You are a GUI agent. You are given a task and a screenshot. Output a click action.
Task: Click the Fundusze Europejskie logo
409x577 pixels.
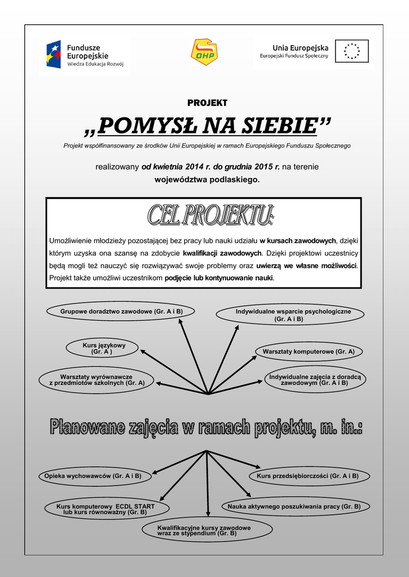tap(85, 55)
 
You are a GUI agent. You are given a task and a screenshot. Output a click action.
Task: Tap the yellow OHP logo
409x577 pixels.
tap(204, 52)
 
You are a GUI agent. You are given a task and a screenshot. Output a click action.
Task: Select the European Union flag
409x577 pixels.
tap(351, 51)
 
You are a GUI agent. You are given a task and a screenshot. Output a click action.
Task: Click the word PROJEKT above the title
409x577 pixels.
tap(207, 103)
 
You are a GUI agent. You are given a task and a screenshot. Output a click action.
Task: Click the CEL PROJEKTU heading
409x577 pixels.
tap(211, 215)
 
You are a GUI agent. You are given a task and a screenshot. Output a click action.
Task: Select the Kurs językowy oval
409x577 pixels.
tap(103, 348)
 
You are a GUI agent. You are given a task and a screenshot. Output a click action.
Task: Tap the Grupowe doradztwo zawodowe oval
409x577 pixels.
tap(121, 312)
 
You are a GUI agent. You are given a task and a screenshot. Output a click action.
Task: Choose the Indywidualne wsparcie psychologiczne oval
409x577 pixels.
tap(292, 315)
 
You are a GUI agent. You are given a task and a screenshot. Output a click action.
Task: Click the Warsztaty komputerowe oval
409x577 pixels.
tap(308, 352)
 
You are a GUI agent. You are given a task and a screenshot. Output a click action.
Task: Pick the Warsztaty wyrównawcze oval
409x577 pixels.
tap(96, 380)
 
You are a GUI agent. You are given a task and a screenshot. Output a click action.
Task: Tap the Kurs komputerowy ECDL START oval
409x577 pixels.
tap(105, 509)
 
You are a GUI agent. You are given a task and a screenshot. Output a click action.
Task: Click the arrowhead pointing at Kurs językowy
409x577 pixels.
tap(143, 352)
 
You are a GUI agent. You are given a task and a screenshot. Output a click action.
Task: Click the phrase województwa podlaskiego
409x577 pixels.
tap(207, 180)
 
